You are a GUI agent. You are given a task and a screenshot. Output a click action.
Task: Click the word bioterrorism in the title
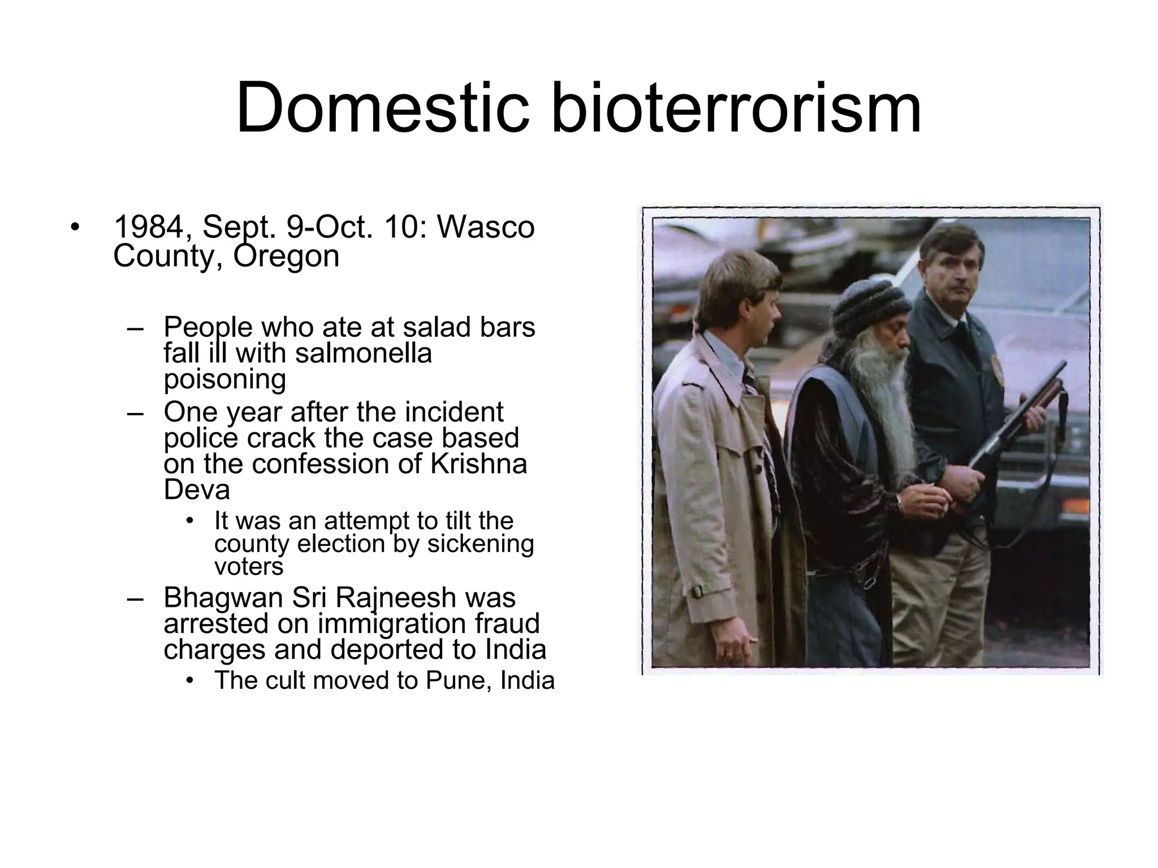(736, 107)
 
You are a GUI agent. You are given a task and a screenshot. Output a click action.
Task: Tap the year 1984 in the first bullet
(148, 227)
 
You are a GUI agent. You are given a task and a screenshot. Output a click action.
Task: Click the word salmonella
(363, 353)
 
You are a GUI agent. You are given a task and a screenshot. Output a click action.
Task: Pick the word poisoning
(224, 379)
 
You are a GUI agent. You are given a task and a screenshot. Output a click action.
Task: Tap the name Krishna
(478, 464)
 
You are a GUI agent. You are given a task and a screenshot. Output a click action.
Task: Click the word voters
(248, 567)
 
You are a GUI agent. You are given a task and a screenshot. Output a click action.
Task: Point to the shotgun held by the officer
(1018, 418)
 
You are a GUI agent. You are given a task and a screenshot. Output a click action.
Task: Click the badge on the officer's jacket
(997, 370)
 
